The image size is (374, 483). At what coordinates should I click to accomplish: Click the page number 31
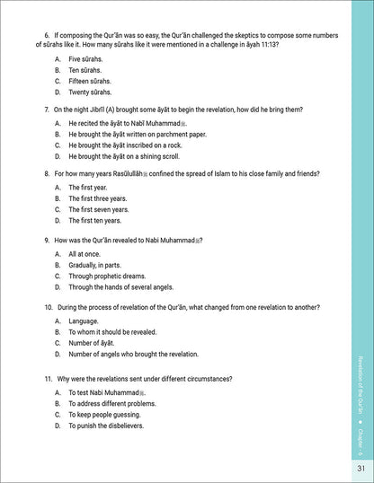[359, 468]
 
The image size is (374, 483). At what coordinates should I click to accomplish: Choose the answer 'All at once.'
[85, 254]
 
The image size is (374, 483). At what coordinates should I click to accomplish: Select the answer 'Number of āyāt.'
[92, 343]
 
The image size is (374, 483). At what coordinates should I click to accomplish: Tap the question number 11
[48, 379]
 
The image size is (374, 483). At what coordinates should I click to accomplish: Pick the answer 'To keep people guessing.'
[106, 415]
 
